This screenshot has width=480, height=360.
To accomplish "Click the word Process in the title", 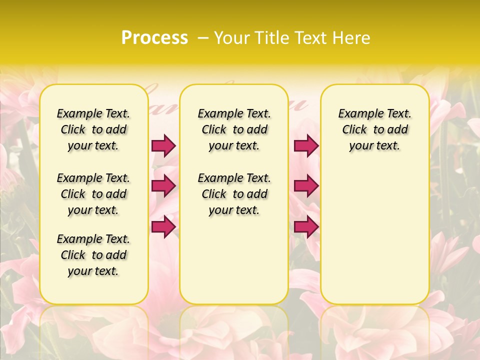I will [x=154, y=38].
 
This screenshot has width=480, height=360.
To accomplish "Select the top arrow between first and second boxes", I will [x=163, y=145].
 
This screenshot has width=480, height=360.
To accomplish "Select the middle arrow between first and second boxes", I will [x=163, y=186].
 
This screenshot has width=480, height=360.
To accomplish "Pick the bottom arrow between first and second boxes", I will [x=163, y=226].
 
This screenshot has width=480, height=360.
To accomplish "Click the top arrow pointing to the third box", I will [x=306, y=145].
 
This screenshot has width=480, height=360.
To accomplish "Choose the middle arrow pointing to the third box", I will [x=306, y=186].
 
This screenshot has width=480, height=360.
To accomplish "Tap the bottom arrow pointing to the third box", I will [x=306, y=226].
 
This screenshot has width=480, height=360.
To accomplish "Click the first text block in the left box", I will [x=93, y=129].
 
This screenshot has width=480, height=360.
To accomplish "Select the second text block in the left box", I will [x=93, y=194].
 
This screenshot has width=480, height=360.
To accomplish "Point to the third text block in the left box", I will [x=93, y=255].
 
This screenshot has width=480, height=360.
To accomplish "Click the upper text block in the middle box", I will [x=234, y=129].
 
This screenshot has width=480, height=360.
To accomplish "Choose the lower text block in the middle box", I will [x=234, y=194].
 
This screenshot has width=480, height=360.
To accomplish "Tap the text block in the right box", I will [x=375, y=129].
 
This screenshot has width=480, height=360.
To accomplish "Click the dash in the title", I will [x=202, y=38].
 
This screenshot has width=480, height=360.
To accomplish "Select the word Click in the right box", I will [x=354, y=130].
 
